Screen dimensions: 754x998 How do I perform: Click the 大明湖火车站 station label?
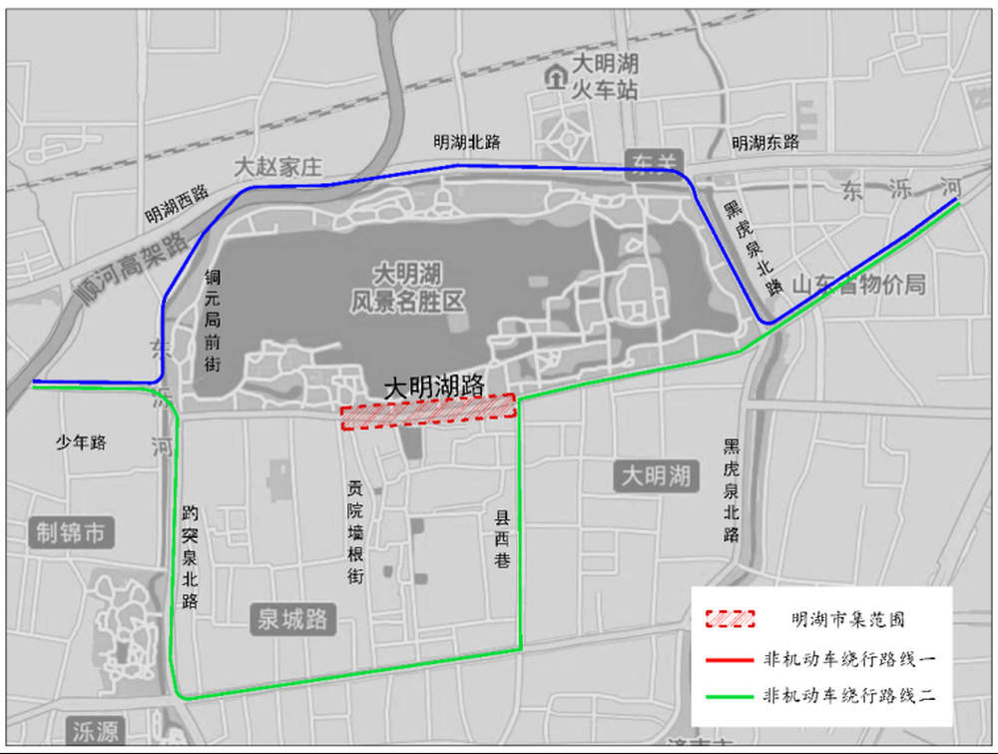(604, 76)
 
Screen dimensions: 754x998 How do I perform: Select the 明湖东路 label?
(765, 143)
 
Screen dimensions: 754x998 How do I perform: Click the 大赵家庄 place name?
(277, 167)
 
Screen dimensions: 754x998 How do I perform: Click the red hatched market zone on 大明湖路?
(428, 411)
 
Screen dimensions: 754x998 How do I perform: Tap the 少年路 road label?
(81, 441)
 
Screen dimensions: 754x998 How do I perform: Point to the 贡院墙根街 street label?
(355, 532)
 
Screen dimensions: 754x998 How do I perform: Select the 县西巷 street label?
(502, 540)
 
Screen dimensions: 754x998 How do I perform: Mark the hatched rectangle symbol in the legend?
(729, 619)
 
